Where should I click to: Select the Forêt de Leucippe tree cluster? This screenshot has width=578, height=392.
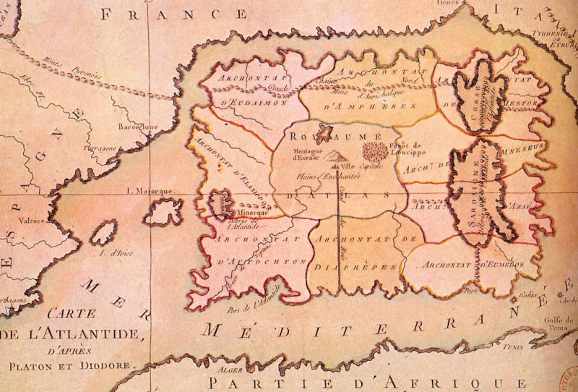(x=374, y=151)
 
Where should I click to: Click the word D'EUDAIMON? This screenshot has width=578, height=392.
(x=249, y=103)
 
